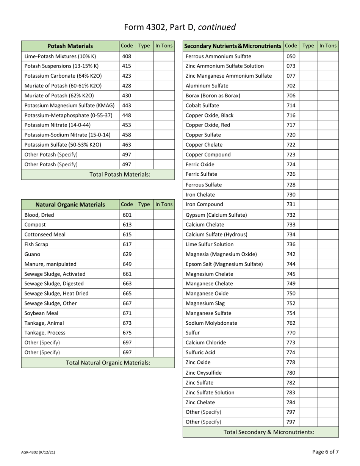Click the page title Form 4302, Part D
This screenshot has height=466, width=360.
180,27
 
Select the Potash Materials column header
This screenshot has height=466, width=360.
70,46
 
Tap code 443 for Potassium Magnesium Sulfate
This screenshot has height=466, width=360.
127,105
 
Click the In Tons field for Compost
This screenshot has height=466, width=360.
164,225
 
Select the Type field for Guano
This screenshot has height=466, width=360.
144,254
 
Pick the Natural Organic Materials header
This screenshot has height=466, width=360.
70,205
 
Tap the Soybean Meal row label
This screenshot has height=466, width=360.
41,313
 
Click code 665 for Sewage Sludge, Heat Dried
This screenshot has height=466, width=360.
127,294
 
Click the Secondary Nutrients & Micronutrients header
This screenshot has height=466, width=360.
233,46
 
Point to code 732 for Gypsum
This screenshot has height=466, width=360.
291,215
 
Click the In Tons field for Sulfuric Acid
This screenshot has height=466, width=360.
328,353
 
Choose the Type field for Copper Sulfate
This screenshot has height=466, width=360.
308,135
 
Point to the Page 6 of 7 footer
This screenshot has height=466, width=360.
326,452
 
